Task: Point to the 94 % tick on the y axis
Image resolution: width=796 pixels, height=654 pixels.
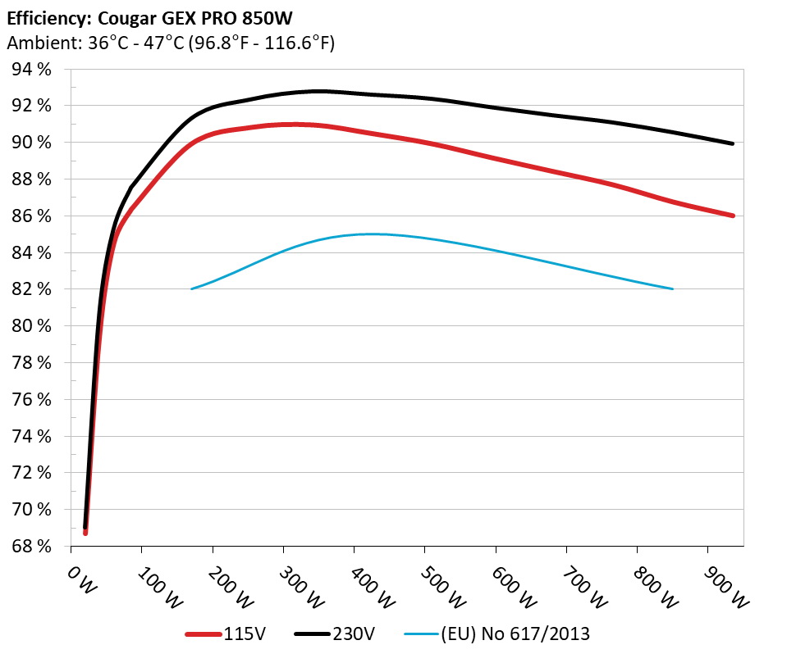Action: [x=32, y=69]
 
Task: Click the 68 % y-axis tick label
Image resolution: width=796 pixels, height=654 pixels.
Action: [x=32, y=546]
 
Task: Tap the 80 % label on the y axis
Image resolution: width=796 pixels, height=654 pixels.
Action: [x=32, y=326]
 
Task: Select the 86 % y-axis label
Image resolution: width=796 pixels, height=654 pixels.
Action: [x=32, y=216]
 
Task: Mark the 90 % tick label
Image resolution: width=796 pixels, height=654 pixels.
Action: [x=32, y=143]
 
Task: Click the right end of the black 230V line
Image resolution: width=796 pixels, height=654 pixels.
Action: [x=732, y=143]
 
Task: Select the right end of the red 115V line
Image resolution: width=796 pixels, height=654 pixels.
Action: [x=732, y=216]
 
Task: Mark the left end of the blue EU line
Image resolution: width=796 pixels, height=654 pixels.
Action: [x=191, y=288]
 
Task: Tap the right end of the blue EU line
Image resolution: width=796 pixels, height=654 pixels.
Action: [x=673, y=288]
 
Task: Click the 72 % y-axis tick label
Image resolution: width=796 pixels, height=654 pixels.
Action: [x=32, y=473]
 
